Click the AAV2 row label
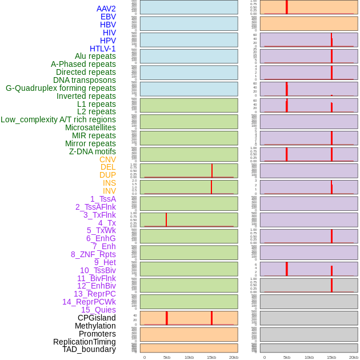(106, 9)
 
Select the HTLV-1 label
(102, 49)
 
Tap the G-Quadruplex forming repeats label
(61, 88)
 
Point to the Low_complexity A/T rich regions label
(58, 119)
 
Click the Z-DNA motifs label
(92, 151)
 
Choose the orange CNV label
(107, 159)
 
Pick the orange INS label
(109, 183)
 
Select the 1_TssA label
(103, 199)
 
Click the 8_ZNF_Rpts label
(93, 254)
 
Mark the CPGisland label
(97, 318)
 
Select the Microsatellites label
(90, 127)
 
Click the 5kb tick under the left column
(167, 357)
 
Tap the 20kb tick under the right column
(354, 357)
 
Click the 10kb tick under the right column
(309, 357)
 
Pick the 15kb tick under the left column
(211, 357)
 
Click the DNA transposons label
(85, 80)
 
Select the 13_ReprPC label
(94, 294)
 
